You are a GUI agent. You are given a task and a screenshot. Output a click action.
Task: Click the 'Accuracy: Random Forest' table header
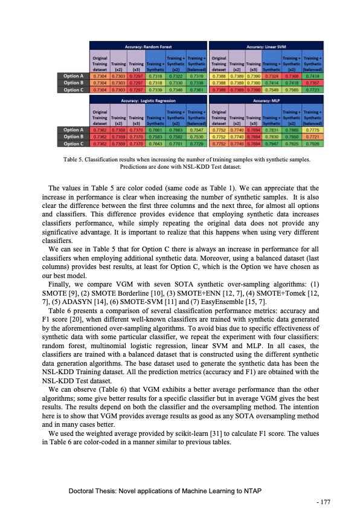[148, 46]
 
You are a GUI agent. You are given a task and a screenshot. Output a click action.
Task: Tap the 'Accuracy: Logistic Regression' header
[148, 100]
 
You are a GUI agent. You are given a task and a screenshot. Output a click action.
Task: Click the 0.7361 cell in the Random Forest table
[196, 89]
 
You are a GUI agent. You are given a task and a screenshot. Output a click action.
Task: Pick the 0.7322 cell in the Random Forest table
[176, 76]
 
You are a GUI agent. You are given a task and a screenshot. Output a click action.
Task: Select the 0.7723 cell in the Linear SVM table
[315, 89]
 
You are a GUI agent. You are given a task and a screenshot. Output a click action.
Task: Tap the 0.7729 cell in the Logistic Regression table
[196, 144]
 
